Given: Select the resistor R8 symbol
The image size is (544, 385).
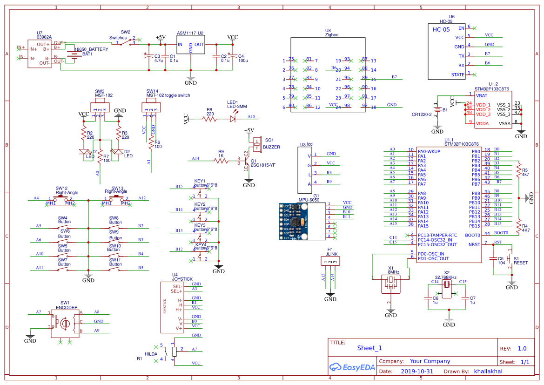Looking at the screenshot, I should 210,119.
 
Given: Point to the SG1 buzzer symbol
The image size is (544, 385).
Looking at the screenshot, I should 256,142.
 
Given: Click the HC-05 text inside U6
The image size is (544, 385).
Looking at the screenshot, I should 442,29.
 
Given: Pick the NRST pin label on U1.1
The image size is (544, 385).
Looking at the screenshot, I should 474,244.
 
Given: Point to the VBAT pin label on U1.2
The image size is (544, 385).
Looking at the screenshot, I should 482,95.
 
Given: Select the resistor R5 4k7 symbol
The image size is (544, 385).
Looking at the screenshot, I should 519,172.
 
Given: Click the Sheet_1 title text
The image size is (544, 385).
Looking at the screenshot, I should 369,348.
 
